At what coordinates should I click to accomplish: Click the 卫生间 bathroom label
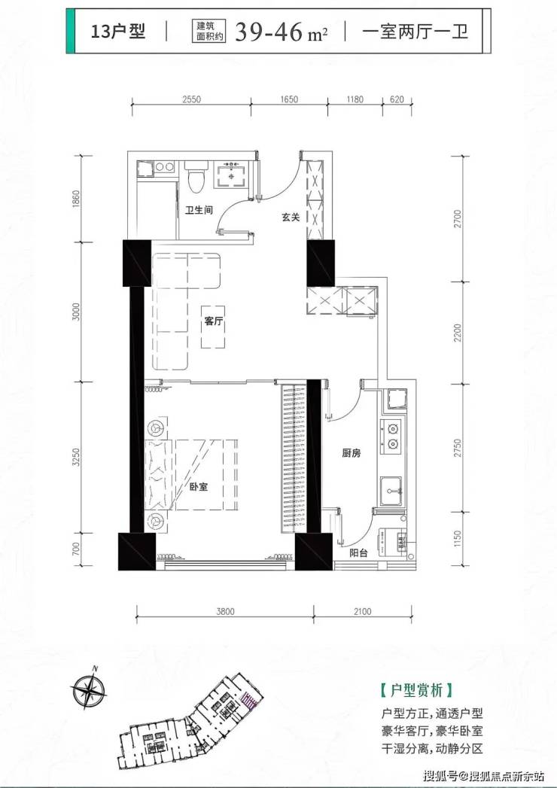tap(199, 209)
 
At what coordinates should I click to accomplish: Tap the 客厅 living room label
tap(214, 321)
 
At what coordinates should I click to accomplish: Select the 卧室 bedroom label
tap(199, 486)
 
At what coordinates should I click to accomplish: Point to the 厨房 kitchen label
tap(352, 453)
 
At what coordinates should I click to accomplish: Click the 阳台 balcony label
tap(358, 553)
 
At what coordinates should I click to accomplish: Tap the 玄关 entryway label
tap(291, 217)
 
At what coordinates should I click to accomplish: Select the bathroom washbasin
tap(231, 174)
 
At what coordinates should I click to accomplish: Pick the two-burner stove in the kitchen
tap(391, 437)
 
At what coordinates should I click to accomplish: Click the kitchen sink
tap(392, 491)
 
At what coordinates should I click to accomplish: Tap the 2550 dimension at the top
tap(191, 99)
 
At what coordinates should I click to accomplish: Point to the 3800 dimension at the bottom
tap(225, 612)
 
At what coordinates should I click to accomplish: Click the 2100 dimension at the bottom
tap(363, 612)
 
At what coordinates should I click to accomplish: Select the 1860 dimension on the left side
tap(77, 199)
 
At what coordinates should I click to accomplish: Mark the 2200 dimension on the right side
tap(457, 333)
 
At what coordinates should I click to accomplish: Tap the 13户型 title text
tap(118, 31)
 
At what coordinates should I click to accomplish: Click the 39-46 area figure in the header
tap(269, 32)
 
